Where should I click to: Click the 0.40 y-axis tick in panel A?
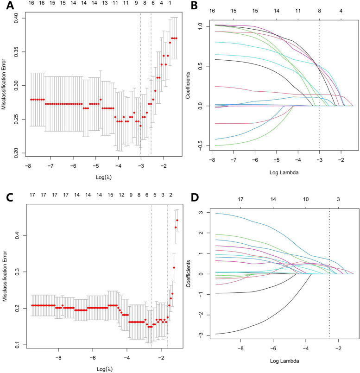click(15, 17)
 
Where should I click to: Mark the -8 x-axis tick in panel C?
click(58, 358)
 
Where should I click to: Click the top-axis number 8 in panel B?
click(319, 10)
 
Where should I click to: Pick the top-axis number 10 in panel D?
click(306, 199)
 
